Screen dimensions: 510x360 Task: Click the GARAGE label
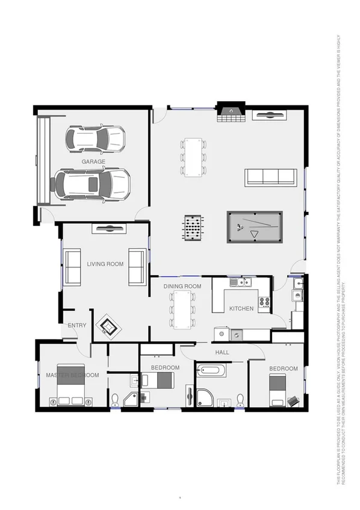[93, 162]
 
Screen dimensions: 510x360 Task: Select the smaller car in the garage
[96, 139]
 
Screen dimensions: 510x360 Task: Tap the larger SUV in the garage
[92, 184]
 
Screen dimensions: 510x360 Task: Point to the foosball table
[193, 228]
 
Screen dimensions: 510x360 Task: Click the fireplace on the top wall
[228, 113]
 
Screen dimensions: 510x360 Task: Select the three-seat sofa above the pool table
[270, 176]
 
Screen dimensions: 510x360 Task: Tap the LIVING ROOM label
[105, 264]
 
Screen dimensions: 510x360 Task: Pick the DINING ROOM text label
[182, 287]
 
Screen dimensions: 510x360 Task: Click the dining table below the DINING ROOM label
[182, 309]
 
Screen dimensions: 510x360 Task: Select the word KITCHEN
[241, 309]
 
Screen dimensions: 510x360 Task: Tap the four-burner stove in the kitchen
[264, 302]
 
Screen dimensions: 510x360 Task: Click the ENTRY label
[77, 326]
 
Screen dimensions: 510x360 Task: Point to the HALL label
[222, 352]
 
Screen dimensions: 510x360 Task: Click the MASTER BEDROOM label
[72, 375]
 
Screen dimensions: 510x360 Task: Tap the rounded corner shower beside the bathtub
[205, 397]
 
